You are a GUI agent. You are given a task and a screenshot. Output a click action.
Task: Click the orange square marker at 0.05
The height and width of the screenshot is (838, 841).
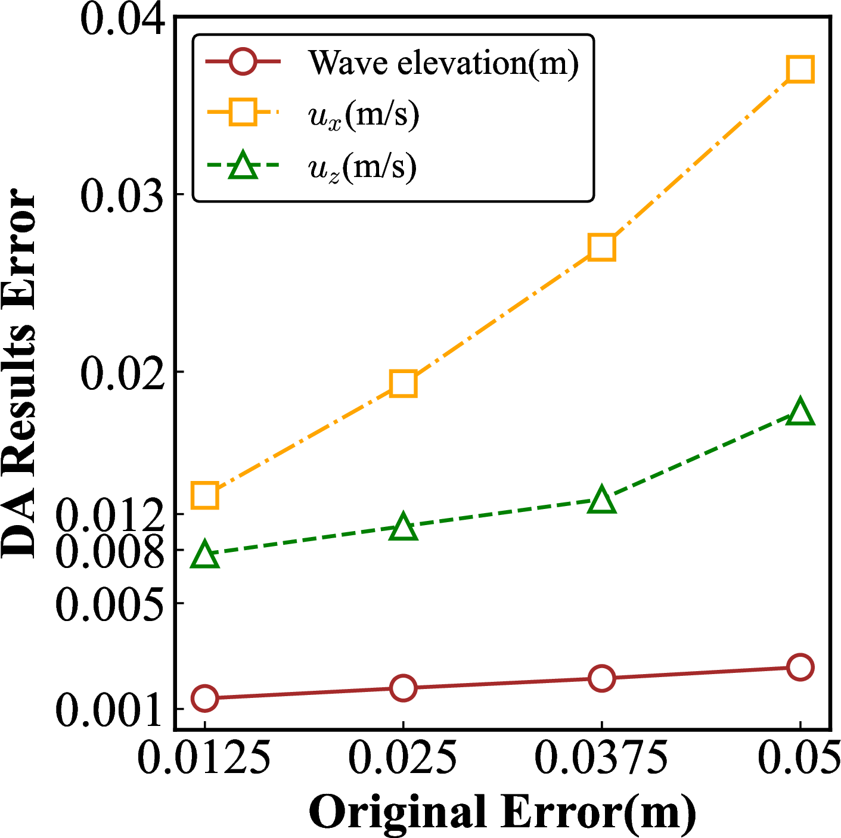pos(800,70)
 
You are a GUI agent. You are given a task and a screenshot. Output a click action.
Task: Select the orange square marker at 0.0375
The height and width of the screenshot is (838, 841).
pos(601,247)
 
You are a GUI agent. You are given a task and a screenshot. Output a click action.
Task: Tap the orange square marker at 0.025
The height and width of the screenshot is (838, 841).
pos(403,384)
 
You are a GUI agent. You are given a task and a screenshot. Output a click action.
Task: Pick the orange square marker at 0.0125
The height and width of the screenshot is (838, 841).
pos(204,495)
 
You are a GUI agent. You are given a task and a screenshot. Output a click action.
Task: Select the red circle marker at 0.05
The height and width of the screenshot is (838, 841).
pos(800,667)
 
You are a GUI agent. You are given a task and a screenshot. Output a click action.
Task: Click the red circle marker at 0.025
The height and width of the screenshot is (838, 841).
pos(403,688)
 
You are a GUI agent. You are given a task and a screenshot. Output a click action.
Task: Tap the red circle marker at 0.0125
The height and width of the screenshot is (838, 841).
pos(204,698)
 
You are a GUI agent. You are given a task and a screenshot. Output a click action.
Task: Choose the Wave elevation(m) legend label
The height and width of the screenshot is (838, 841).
pos(443,62)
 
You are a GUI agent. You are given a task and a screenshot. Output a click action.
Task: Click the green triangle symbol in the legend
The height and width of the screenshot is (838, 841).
pos(243,166)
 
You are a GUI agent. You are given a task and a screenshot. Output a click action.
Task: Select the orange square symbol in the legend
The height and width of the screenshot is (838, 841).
pos(243,113)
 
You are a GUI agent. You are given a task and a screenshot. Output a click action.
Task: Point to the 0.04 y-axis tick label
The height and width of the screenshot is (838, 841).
pos(122,19)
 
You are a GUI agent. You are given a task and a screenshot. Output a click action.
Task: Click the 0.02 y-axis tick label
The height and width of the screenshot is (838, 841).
pos(122,373)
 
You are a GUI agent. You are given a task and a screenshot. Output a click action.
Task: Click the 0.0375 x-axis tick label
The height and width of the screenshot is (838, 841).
pos(601,758)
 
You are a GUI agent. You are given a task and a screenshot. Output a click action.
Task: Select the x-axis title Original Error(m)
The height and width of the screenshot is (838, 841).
pos(502,812)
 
